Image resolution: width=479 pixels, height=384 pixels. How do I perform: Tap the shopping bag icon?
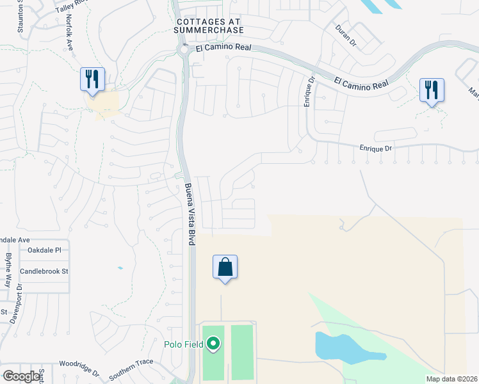click(225, 267)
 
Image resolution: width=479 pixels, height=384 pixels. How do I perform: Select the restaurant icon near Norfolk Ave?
click(92, 79)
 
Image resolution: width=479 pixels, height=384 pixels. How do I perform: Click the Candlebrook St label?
click(44, 271)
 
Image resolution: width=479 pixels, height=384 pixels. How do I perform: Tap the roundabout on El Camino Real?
click(184, 48)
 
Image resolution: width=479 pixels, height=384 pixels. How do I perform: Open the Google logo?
click(21, 376)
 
